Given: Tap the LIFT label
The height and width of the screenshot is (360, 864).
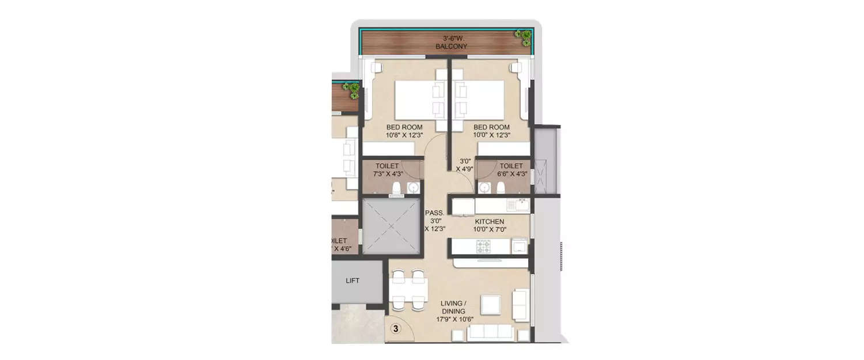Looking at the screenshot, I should click(x=353, y=281).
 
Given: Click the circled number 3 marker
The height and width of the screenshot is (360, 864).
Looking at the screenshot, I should click(x=396, y=329).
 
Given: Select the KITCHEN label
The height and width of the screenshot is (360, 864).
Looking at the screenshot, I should click(x=490, y=222).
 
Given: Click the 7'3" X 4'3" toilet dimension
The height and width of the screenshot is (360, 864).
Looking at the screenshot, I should click(x=387, y=175).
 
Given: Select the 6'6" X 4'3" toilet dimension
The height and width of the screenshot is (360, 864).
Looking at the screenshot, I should click(x=511, y=175).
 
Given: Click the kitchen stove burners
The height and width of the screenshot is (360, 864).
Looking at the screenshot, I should click(x=482, y=247).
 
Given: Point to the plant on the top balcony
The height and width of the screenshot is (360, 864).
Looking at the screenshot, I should click(x=524, y=37).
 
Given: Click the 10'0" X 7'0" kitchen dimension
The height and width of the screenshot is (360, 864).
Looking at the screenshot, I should click(x=490, y=230).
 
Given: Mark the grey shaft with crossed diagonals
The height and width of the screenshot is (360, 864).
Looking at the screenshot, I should click(x=389, y=226).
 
